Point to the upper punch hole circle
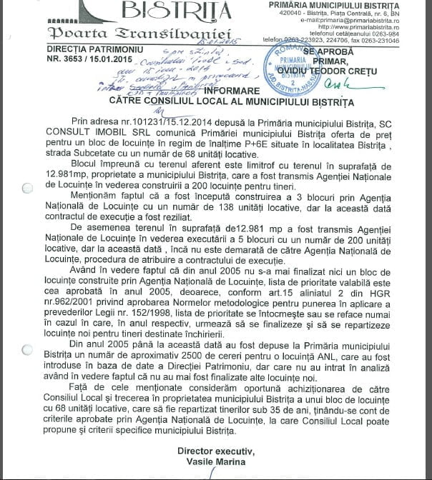(x=26, y=188)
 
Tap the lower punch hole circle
(x=26, y=349)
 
